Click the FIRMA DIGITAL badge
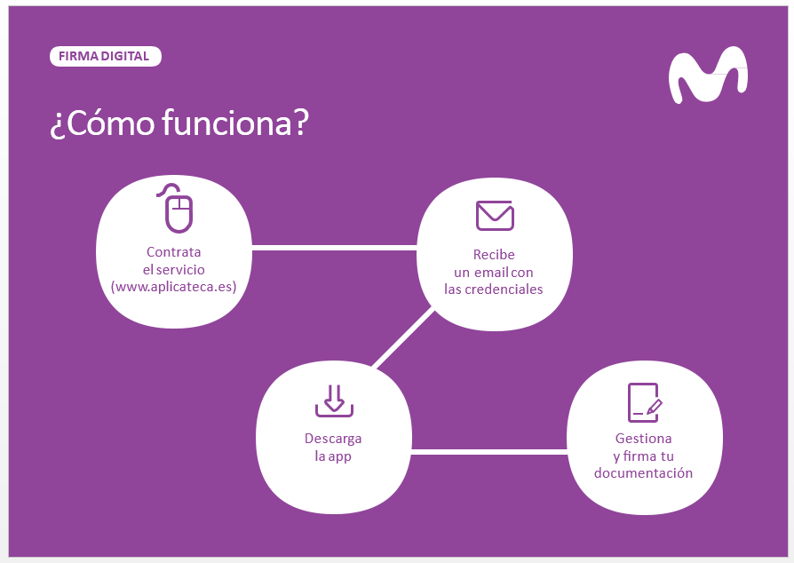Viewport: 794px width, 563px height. tap(106, 56)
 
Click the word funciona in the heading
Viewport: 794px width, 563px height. tap(226, 123)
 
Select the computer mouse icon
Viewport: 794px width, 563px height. tap(176, 208)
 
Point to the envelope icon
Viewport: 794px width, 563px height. tap(495, 216)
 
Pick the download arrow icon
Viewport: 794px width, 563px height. tap(334, 401)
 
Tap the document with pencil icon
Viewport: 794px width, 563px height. tap(645, 402)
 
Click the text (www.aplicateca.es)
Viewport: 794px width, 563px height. tap(174, 287)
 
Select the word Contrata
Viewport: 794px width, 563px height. tap(174, 251)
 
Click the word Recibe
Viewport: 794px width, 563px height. tap(494, 254)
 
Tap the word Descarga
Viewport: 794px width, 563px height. tap(333, 439)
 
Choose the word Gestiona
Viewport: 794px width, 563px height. tap(644, 438)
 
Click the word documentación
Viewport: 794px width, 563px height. tap(644, 473)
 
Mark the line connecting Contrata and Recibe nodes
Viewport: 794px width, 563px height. tap(334, 248)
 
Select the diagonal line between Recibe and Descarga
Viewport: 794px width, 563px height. tap(403, 337)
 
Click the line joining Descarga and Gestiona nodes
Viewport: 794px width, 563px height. tap(489, 452)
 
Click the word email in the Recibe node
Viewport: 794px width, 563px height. tap(491, 272)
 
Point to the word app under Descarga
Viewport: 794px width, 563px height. tap(340, 457)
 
